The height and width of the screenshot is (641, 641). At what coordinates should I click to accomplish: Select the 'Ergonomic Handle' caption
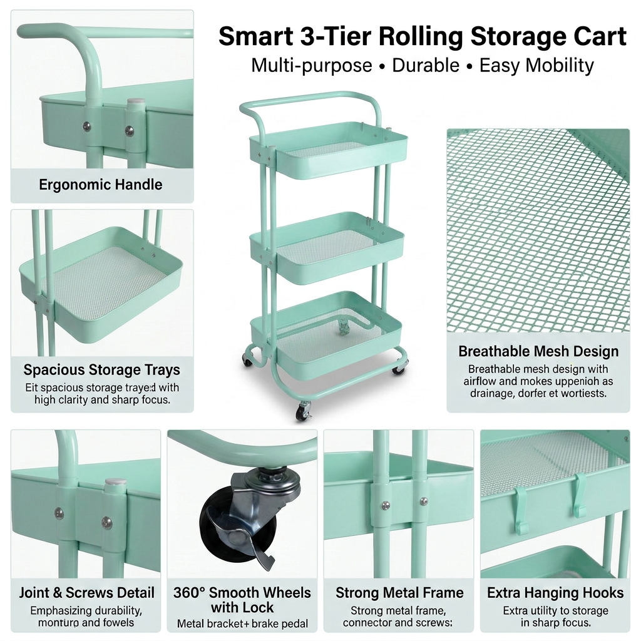pos(101,185)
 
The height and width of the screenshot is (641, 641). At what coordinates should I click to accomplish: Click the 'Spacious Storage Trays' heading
pos(102,369)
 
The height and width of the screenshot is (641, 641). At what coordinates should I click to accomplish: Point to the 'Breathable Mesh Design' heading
pos(538,351)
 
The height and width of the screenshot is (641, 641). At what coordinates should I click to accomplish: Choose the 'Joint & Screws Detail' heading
pos(87,592)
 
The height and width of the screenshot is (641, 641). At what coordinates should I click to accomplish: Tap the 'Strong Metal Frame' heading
pos(399,592)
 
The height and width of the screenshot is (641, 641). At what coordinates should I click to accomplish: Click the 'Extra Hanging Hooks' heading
pos(555,592)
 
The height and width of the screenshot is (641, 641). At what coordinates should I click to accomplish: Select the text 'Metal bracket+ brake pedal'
pos(242,623)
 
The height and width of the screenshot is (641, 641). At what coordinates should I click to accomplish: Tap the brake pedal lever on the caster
pos(257,545)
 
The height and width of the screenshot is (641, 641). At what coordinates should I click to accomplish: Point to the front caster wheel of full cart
pos(304,412)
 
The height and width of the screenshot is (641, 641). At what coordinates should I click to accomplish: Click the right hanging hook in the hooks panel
pos(580,495)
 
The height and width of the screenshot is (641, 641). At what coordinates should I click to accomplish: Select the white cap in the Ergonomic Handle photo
pos(136,102)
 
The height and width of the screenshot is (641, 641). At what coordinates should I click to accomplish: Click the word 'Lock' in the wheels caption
pos(259,607)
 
